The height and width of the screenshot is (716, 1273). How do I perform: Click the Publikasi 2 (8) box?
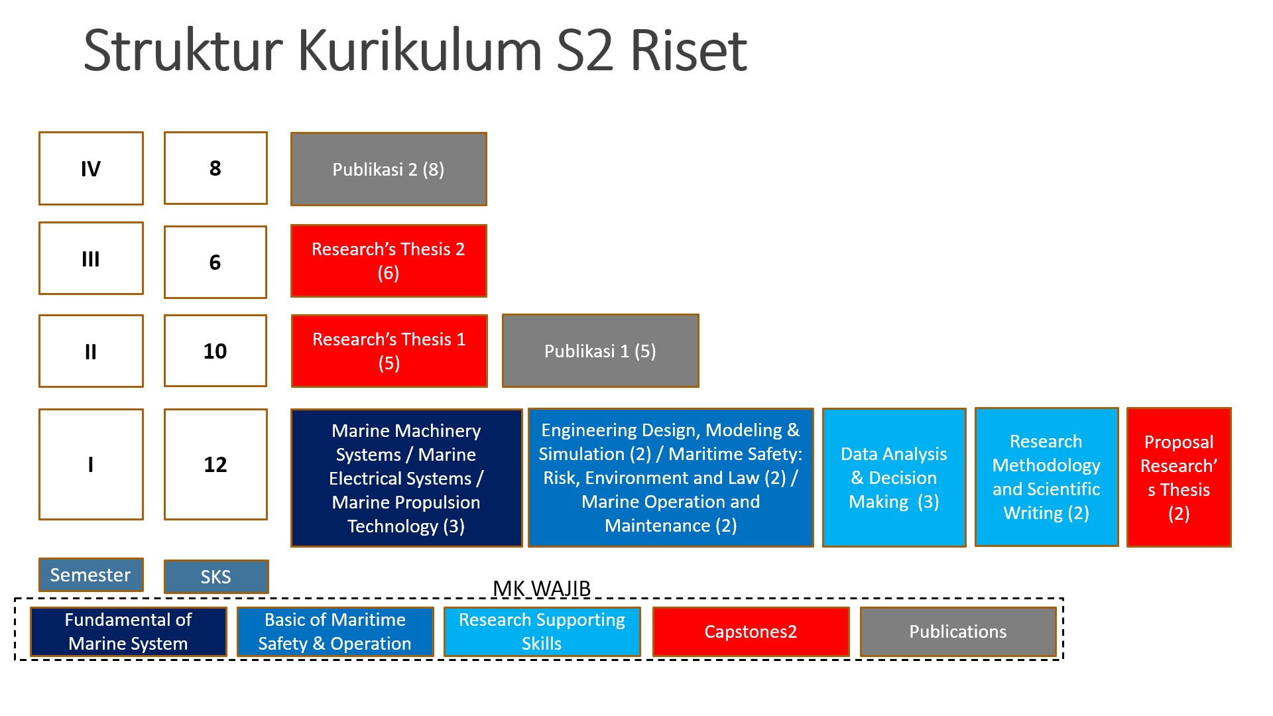[x=389, y=169]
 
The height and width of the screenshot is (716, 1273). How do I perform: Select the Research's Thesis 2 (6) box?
[x=389, y=261]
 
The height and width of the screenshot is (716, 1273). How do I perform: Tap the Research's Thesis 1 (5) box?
[x=389, y=351]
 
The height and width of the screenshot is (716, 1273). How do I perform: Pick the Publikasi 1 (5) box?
[x=600, y=351]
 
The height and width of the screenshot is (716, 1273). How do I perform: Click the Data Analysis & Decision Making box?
[x=894, y=477]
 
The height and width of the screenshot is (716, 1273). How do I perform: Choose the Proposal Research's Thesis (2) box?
[x=1179, y=477]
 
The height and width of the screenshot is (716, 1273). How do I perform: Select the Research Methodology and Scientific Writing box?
[x=1046, y=477]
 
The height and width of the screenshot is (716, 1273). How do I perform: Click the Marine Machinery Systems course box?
[x=406, y=478]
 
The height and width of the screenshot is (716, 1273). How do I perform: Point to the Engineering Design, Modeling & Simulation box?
[x=670, y=477]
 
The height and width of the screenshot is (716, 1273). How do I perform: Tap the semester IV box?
[x=91, y=168]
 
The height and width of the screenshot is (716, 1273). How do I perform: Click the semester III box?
[x=91, y=259]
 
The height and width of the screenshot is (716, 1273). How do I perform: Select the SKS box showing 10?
[x=215, y=351]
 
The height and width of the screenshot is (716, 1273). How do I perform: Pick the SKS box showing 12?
[x=215, y=464]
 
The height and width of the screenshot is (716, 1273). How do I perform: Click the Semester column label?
[x=91, y=575]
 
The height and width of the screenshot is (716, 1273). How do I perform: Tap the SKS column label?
[x=216, y=577]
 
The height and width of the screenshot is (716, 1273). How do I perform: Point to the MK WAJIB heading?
[x=541, y=589]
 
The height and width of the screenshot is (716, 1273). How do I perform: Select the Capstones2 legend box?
[x=751, y=632]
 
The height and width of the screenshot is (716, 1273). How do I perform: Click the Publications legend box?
[x=957, y=632]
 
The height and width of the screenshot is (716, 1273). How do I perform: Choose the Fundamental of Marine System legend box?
[x=128, y=632]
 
